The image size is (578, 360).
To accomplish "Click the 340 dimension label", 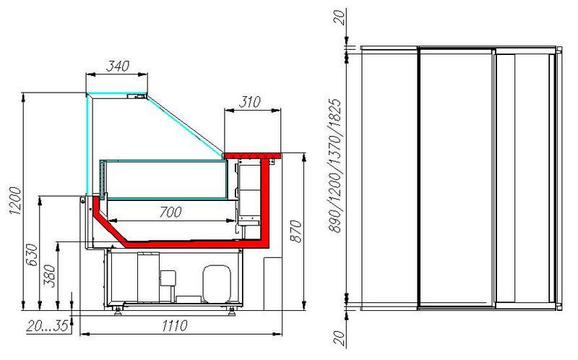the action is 118,66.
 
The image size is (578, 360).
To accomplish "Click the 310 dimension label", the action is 249,102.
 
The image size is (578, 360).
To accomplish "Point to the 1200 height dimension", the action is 15,201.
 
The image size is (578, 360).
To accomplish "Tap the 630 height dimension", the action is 32,254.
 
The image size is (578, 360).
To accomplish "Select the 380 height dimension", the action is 49,275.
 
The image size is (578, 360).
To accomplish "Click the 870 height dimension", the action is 296,231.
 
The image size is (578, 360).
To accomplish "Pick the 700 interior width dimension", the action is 171,212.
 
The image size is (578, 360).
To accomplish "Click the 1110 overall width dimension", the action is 175,326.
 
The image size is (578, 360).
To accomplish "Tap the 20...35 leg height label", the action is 48,326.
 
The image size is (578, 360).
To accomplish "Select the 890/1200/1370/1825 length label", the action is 335,166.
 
